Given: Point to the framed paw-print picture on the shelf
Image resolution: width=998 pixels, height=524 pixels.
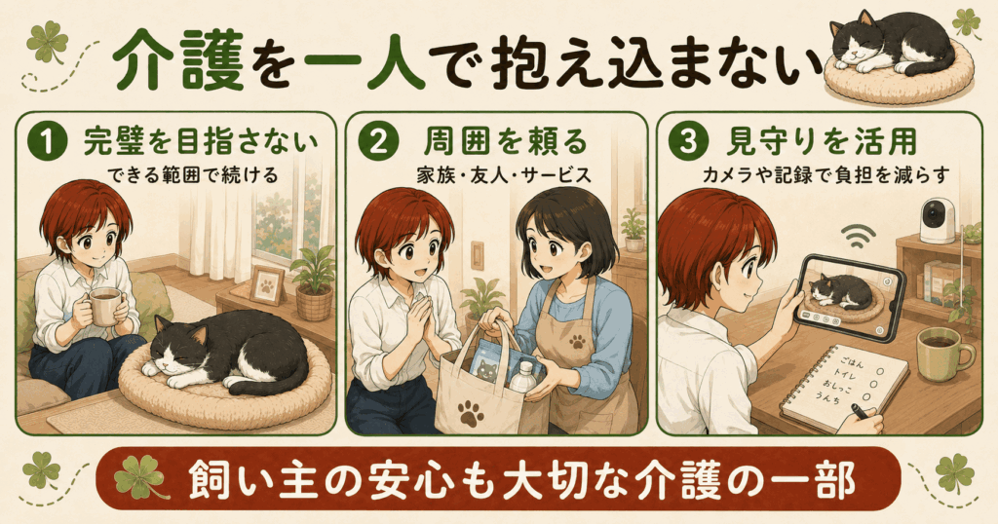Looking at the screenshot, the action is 267,285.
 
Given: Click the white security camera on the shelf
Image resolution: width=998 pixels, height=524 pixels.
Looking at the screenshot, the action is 938,217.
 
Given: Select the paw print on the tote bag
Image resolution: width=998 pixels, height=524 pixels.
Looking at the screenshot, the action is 471,411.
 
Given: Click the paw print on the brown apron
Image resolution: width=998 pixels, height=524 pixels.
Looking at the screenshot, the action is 577,342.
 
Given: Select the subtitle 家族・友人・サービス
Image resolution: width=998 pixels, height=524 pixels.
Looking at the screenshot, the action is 504,175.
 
